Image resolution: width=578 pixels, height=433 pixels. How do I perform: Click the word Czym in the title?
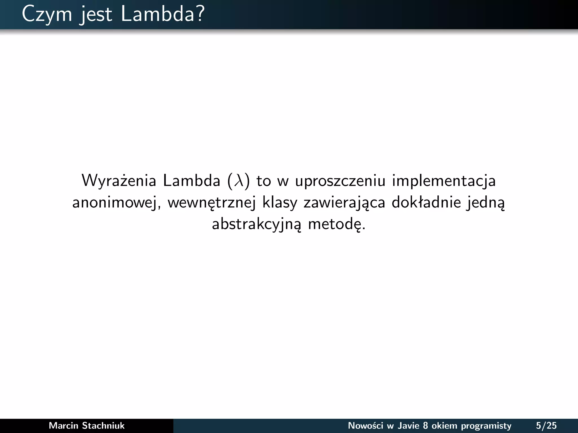click(47, 14)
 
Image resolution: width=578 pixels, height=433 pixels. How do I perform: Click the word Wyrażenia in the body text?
click(119, 181)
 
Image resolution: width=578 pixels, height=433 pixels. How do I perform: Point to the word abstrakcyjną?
click(256, 225)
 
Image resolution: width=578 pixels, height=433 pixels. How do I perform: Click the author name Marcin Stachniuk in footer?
click(87, 425)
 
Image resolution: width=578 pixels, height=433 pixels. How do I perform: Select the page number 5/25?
click(546, 425)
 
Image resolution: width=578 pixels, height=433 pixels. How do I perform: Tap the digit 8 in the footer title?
click(425, 425)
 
